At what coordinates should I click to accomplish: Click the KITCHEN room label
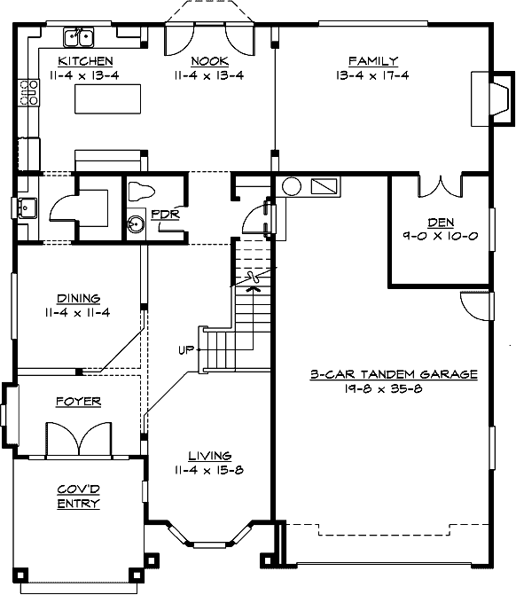coord(85,61)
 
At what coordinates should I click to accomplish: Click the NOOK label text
coord(209,61)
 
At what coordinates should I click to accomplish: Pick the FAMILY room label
coord(366,61)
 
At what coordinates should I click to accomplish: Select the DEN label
coord(441,223)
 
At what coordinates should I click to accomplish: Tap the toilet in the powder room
coord(141,192)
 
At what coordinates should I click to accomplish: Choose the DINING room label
coord(78,299)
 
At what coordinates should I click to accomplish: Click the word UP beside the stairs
coord(185,349)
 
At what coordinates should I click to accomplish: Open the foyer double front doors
coord(79,439)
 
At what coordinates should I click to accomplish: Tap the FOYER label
coord(78,402)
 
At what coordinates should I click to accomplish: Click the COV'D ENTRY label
coord(79,497)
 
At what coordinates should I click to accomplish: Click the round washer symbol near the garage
coord(291,187)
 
